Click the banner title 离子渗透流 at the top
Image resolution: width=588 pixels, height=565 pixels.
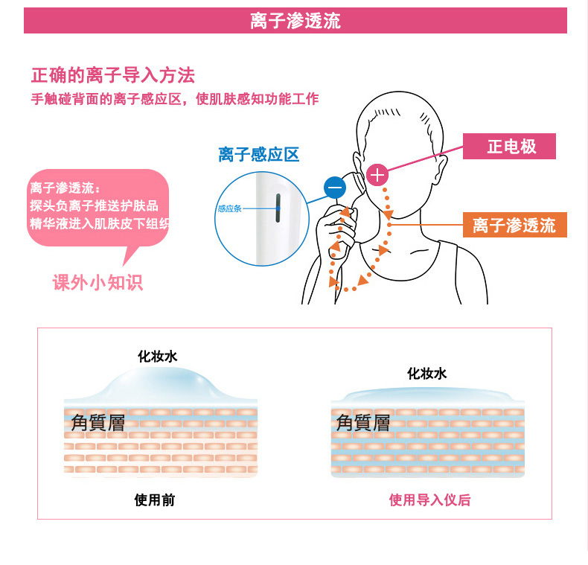coord(295,20)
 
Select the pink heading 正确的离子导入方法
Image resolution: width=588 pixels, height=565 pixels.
coord(113,75)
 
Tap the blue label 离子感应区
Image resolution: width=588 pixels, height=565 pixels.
coord(258,154)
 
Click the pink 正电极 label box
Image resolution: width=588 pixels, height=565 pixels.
coord(511,146)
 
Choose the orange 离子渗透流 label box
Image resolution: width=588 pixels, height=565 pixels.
coord(514,224)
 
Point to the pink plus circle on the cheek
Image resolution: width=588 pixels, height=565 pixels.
coord(378,176)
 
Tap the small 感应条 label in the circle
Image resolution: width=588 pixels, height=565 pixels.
coord(229,208)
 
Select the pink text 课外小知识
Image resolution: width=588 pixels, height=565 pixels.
coord(98,282)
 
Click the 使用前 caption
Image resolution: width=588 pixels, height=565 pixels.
coord(155,500)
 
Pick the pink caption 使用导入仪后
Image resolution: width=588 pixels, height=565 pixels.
coord(429,500)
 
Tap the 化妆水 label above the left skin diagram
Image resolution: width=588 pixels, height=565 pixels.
coord(158,357)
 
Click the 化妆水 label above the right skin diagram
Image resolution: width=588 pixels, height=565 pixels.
coord(426,374)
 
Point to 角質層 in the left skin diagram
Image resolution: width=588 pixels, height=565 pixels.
coord(98,423)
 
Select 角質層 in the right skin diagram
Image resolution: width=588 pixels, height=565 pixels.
coord(363,423)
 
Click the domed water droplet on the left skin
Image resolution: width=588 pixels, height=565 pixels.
coord(160,385)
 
